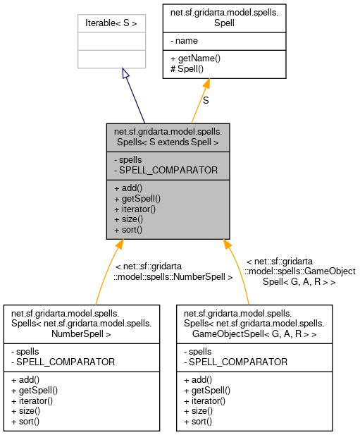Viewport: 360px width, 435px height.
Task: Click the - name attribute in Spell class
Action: coord(184,41)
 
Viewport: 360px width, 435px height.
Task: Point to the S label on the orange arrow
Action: coord(206,101)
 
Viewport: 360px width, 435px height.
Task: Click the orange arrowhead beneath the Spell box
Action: coord(206,84)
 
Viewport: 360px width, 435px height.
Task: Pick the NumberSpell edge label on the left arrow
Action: coord(173,271)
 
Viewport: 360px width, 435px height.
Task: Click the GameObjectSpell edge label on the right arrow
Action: coord(300,271)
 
